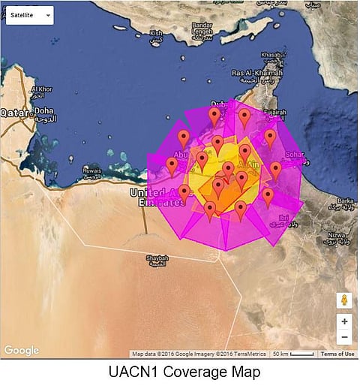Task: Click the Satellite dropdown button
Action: pyautogui.click(x=29, y=15)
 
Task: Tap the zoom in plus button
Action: pyautogui.click(x=344, y=321)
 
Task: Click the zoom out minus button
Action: pyautogui.click(x=344, y=337)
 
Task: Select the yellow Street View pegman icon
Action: pyautogui.click(x=344, y=300)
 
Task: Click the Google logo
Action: pyautogui.click(x=21, y=350)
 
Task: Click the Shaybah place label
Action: pyautogui.click(x=156, y=260)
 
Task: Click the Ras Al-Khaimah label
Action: pyautogui.click(x=252, y=75)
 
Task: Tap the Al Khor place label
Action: pyautogui.click(x=41, y=91)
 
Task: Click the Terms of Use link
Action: pyautogui.click(x=337, y=354)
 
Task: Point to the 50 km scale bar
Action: pyautogui.click(x=292, y=354)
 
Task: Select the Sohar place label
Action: pyautogui.click(x=295, y=156)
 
